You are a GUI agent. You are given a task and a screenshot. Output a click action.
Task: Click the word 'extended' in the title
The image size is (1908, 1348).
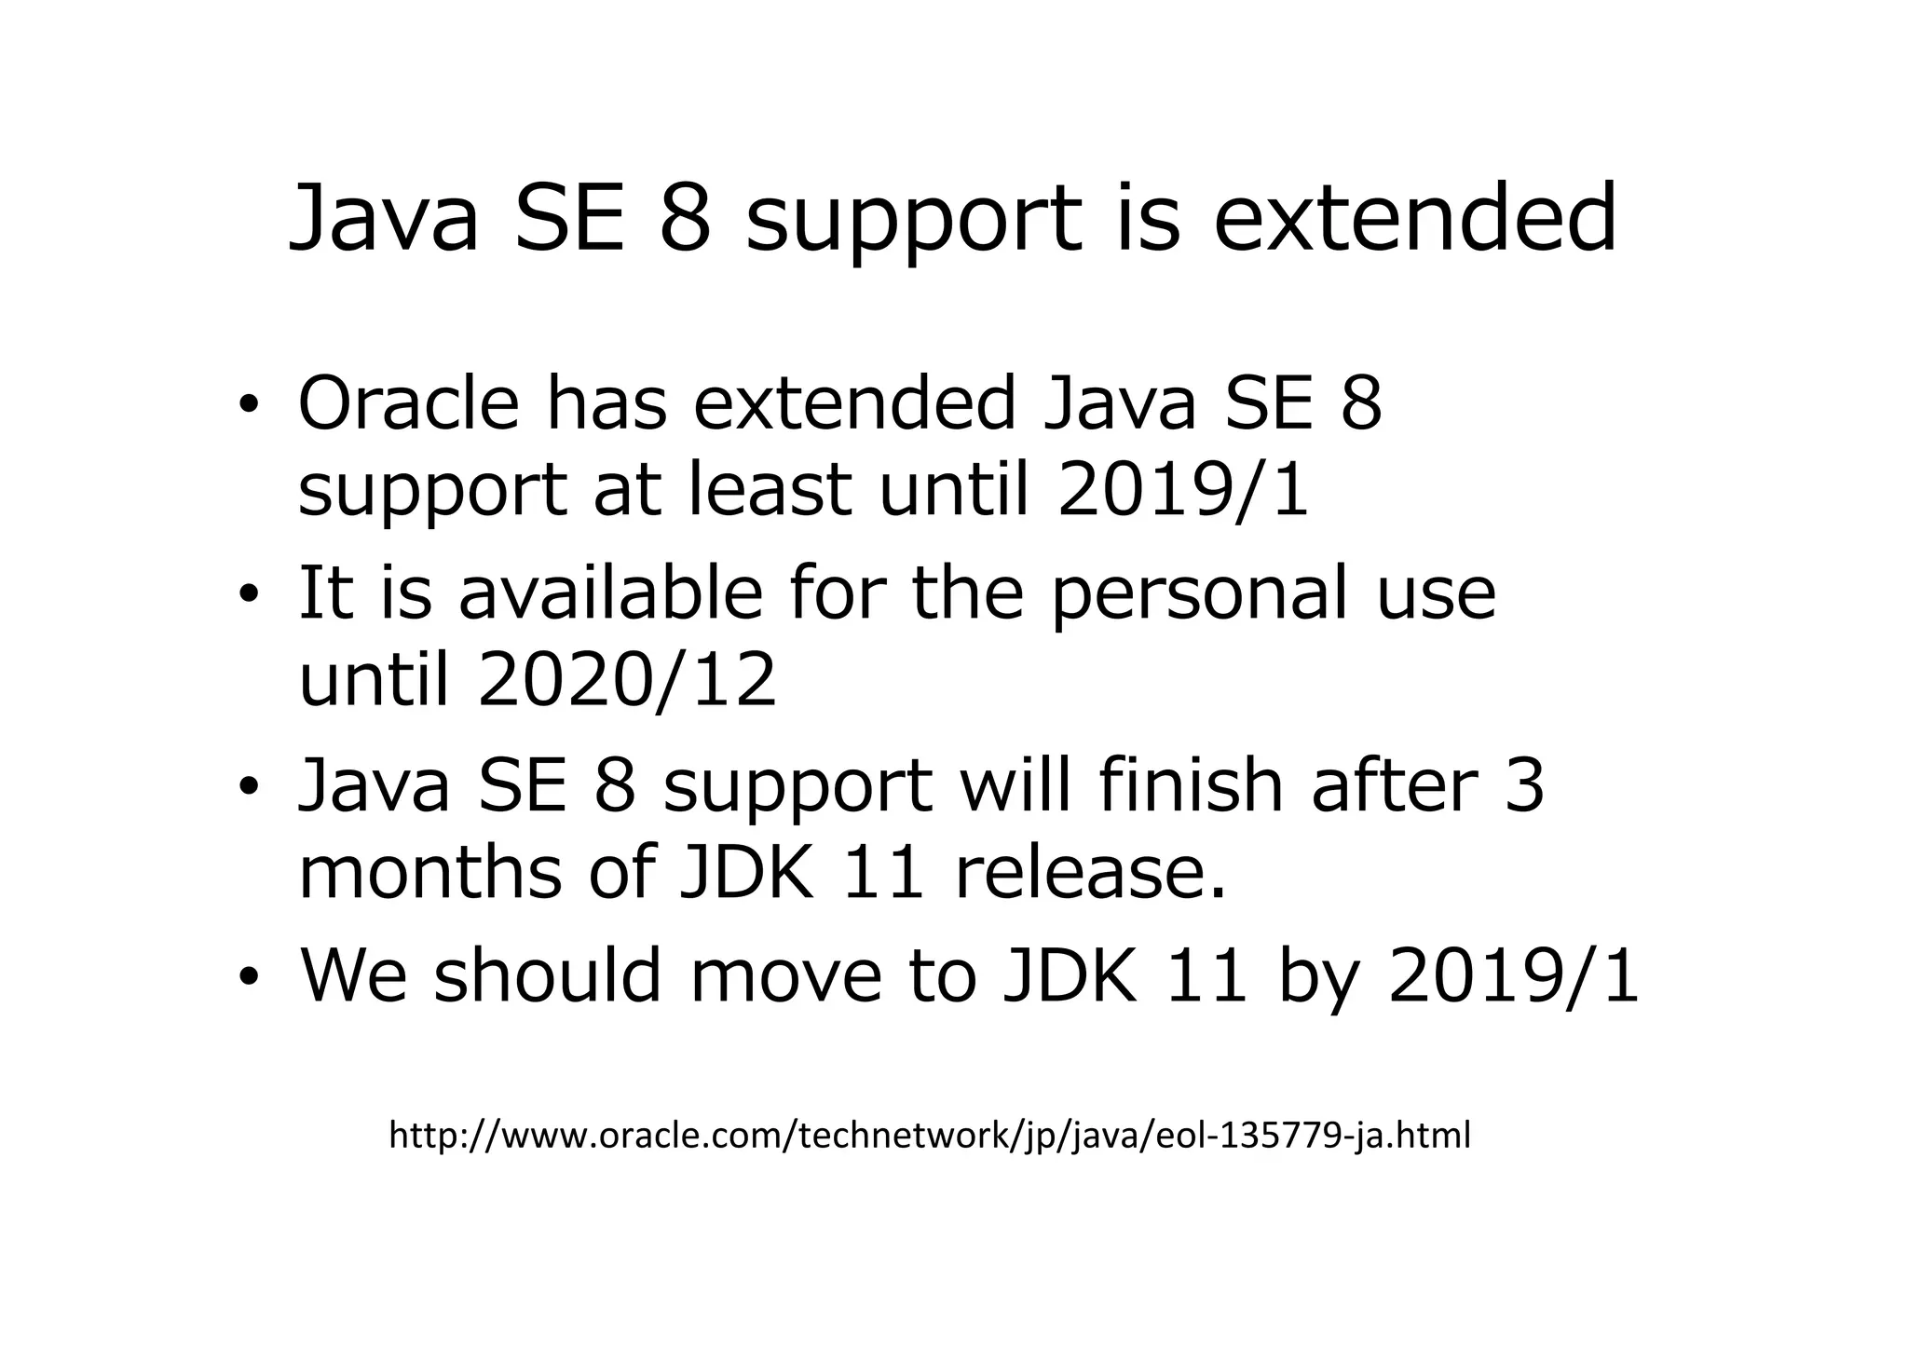1414,218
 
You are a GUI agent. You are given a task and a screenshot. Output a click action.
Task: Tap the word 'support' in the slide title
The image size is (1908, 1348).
914,224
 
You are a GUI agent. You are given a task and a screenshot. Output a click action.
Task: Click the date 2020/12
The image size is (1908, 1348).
627,679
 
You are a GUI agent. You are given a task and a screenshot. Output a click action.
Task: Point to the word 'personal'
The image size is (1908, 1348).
1198,596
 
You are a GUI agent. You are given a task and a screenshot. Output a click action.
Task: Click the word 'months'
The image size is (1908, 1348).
430,872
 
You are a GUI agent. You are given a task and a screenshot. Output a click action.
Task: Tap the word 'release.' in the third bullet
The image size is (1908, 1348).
1090,872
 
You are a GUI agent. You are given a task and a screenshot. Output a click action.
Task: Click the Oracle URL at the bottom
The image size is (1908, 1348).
929,1136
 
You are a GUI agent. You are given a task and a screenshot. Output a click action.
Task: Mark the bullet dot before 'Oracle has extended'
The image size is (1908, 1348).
247,406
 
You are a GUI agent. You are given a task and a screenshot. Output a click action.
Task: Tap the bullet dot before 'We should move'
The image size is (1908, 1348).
247,976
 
